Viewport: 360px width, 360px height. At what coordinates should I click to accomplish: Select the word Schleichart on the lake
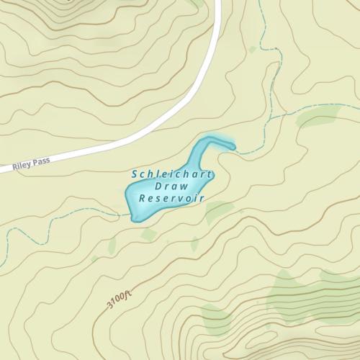(166, 174)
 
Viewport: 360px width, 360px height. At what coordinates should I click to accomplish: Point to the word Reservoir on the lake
(172, 197)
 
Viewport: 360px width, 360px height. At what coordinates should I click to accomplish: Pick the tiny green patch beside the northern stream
(252, 50)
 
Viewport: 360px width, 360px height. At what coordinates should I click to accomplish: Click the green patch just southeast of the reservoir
(219, 210)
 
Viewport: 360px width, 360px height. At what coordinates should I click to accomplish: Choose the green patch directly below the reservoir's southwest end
(148, 235)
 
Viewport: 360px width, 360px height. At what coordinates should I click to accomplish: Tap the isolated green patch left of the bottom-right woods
(215, 317)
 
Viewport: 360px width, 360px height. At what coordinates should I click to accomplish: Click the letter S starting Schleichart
(135, 174)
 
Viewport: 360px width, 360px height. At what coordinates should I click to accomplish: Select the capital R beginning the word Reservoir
(142, 198)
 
